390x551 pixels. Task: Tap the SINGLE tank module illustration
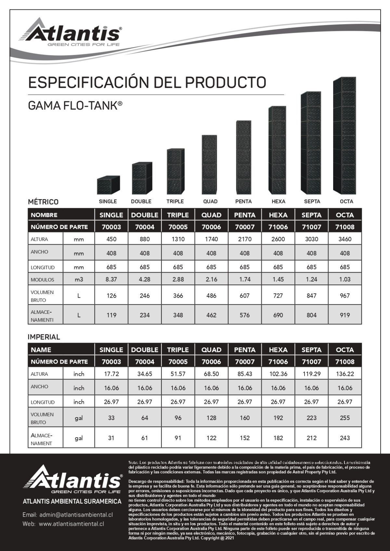[108, 185]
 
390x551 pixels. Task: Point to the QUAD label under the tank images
[210, 201]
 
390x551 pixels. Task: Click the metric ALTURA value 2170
[244, 239]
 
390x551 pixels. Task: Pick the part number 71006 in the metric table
[278, 227]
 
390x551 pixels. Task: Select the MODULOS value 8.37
[111, 279]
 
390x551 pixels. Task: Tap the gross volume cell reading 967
[344, 296]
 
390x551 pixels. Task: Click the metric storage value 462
[211, 315]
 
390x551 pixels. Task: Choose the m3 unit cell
[79, 279]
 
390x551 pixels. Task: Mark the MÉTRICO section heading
[43, 202]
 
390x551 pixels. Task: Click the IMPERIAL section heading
[44, 337]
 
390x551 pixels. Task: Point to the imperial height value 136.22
[345, 374]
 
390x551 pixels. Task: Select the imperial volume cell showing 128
[211, 418]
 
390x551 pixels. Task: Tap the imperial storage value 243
[345, 438]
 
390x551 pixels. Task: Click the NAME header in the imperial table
[41, 350]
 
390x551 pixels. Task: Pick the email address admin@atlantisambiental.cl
[76, 515]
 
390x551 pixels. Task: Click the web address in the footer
[71, 524]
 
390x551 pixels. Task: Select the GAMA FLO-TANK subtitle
[75, 106]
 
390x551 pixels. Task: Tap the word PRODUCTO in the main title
[226, 83]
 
